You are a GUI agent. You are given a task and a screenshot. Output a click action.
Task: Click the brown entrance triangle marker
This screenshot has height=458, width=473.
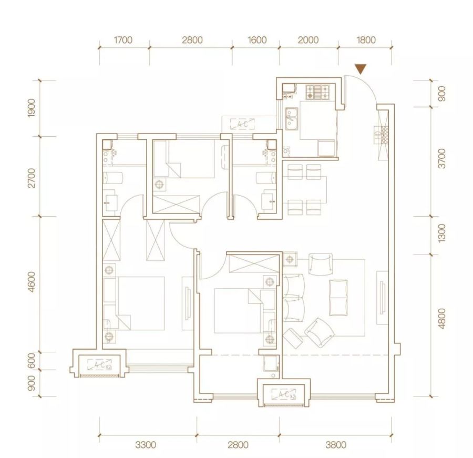(360, 69)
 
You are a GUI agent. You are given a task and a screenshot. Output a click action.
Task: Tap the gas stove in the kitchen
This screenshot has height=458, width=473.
(317, 92)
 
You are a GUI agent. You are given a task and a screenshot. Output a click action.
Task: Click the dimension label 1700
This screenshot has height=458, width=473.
(123, 40)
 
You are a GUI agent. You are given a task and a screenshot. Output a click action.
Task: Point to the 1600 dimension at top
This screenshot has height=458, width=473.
(257, 40)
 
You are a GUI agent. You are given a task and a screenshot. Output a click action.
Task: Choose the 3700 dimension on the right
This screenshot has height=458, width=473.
(441, 158)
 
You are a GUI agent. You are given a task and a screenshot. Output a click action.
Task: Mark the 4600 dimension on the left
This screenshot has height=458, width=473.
(32, 282)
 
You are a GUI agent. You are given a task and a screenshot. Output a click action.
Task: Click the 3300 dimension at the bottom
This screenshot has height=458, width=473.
(146, 445)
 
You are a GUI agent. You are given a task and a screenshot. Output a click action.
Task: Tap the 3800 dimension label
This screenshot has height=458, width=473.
(336, 445)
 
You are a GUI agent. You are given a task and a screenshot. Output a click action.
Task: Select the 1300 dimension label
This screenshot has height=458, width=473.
(441, 233)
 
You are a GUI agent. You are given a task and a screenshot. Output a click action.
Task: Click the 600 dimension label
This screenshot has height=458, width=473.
(32, 361)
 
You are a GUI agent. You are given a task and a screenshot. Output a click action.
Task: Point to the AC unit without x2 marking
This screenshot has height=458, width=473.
(242, 124)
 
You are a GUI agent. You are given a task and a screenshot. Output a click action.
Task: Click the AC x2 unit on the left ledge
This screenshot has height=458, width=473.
(99, 365)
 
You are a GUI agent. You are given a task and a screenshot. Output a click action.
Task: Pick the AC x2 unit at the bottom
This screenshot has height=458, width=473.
(284, 394)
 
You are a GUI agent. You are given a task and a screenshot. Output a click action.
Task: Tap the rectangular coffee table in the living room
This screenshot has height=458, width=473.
(338, 298)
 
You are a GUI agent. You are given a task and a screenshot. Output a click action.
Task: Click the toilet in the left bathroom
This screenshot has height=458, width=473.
(113, 178)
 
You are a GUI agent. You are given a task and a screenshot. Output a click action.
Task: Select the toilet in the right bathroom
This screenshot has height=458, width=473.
(266, 178)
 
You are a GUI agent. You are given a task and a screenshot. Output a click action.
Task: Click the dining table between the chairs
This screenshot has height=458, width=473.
(305, 189)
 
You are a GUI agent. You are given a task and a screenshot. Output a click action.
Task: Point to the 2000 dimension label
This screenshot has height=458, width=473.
(308, 40)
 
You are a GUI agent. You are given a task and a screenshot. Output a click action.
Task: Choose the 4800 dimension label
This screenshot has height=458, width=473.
(441, 319)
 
